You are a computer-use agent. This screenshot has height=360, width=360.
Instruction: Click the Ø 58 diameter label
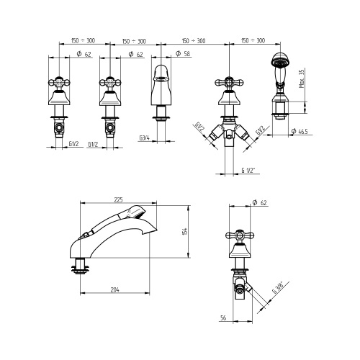pos(183,53)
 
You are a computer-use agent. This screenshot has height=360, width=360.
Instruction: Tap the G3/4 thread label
pos(145,138)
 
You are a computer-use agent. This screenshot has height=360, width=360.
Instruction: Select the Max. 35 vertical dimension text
pos(302,78)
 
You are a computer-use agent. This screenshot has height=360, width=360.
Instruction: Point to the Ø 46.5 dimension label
pos(299,131)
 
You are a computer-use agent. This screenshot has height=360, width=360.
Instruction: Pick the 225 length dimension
pos(118,199)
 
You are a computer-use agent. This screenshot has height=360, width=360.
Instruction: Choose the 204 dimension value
pos(114,289)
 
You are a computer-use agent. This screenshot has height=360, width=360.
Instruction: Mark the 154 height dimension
pos(184,231)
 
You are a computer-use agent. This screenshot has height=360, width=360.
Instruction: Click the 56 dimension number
pos(223,318)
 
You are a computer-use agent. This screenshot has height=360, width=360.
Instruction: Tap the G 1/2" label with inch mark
pos(248,171)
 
